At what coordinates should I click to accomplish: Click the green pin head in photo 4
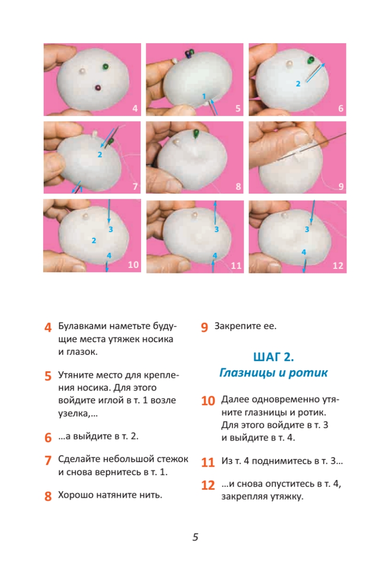click(105, 67)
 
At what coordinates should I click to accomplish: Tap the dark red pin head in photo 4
click(98, 88)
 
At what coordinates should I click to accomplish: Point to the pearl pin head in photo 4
click(82, 71)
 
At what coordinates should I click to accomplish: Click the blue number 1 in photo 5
click(204, 96)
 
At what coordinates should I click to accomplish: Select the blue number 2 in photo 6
click(298, 84)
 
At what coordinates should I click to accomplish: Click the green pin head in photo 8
click(196, 133)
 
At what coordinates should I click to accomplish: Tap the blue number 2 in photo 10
click(94, 241)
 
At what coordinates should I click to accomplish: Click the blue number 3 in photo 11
click(217, 229)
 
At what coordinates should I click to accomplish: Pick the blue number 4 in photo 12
click(304, 252)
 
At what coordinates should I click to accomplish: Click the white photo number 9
click(341, 186)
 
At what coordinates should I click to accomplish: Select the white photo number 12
click(338, 266)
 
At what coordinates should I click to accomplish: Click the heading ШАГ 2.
click(274, 357)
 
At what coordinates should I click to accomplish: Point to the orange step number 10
click(208, 401)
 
